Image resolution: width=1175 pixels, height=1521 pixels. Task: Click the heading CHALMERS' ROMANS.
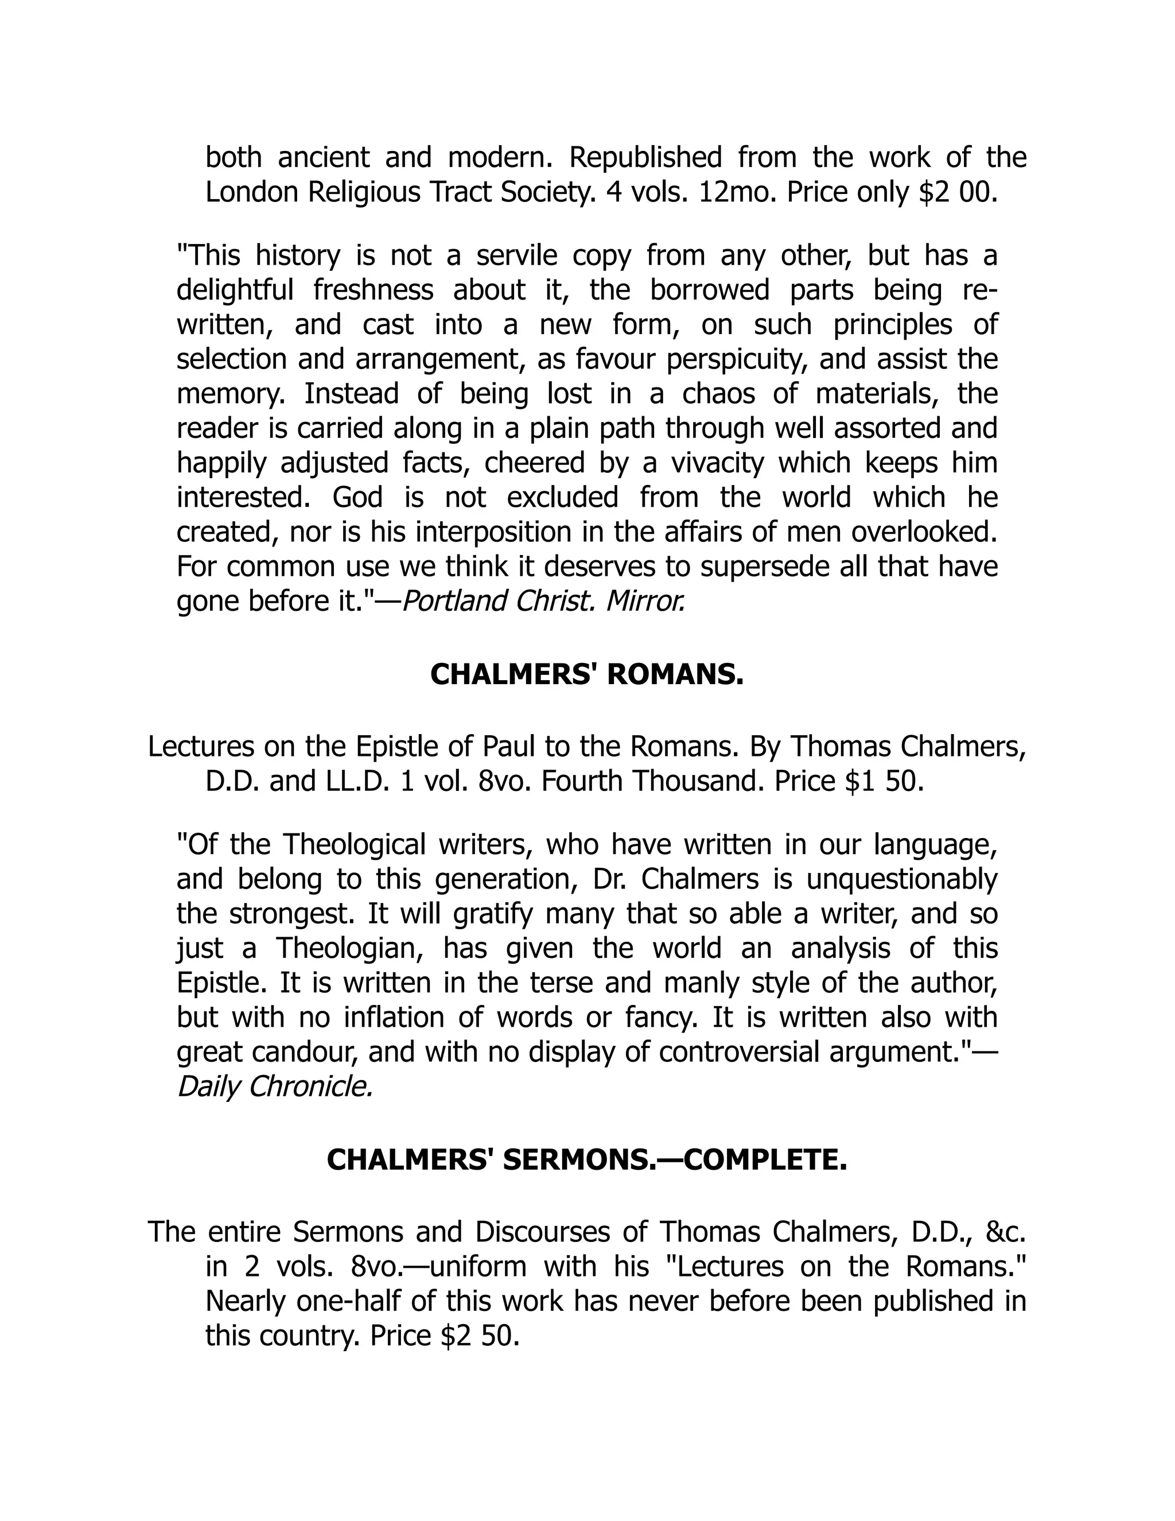point(587,675)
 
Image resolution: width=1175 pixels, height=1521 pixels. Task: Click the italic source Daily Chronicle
point(275,1087)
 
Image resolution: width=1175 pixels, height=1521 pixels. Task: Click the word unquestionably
point(902,879)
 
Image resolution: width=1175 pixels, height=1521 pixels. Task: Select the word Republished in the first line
point(645,158)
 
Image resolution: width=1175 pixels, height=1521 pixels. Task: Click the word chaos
point(718,394)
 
